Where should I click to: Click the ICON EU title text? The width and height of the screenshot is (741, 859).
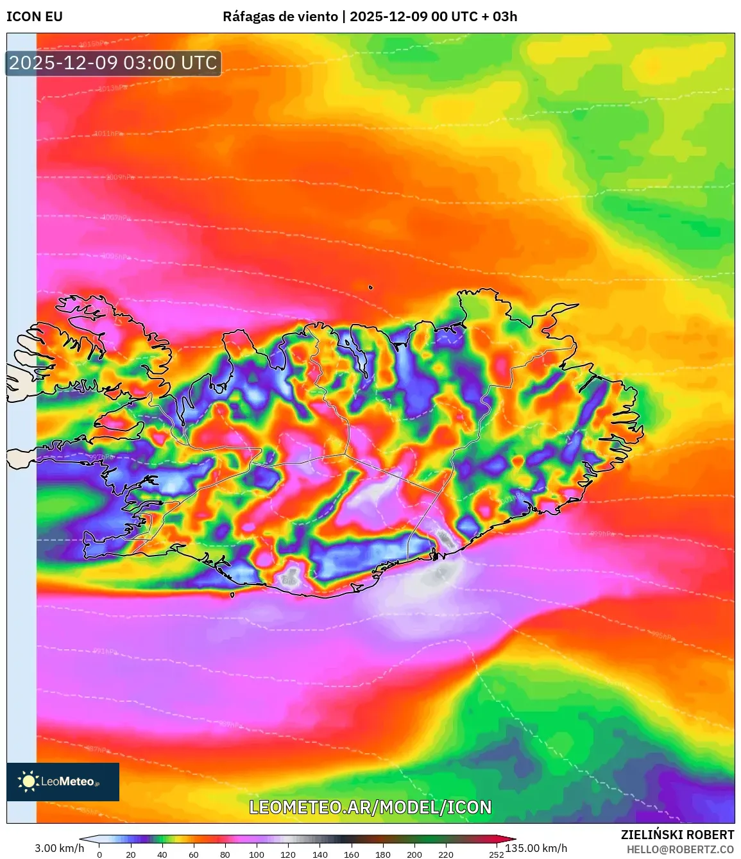tap(35, 17)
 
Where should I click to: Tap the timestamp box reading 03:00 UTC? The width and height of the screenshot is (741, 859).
tap(114, 63)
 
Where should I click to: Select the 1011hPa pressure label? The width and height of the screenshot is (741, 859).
tap(108, 134)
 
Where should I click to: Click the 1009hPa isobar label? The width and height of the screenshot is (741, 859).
tap(120, 177)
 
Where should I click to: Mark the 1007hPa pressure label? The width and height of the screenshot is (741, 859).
tap(116, 218)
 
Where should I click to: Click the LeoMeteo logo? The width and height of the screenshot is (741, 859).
tap(63, 781)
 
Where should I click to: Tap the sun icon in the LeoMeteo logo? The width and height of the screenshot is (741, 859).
tap(28, 781)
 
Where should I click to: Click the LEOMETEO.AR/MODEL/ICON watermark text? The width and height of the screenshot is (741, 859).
tap(370, 807)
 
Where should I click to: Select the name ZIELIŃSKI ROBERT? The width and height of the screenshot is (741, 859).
tap(677, 835)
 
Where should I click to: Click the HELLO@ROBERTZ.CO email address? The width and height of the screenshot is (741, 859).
tap(680, 849)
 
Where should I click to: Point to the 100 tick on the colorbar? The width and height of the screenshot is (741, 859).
tap(257, 855)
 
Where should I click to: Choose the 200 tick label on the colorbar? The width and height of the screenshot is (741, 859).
tap(414, 855)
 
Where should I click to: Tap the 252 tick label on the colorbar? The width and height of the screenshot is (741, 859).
tap(496, 855)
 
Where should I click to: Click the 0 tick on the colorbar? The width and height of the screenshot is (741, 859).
tap(99, 855)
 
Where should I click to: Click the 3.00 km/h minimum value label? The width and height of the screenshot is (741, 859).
tap(59, 848)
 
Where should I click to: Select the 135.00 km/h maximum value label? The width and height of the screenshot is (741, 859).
tap(536, 848)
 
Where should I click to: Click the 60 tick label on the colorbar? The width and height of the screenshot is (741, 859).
tap(194, 855)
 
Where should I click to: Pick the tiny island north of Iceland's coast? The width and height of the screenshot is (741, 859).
tap(371, 288)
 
